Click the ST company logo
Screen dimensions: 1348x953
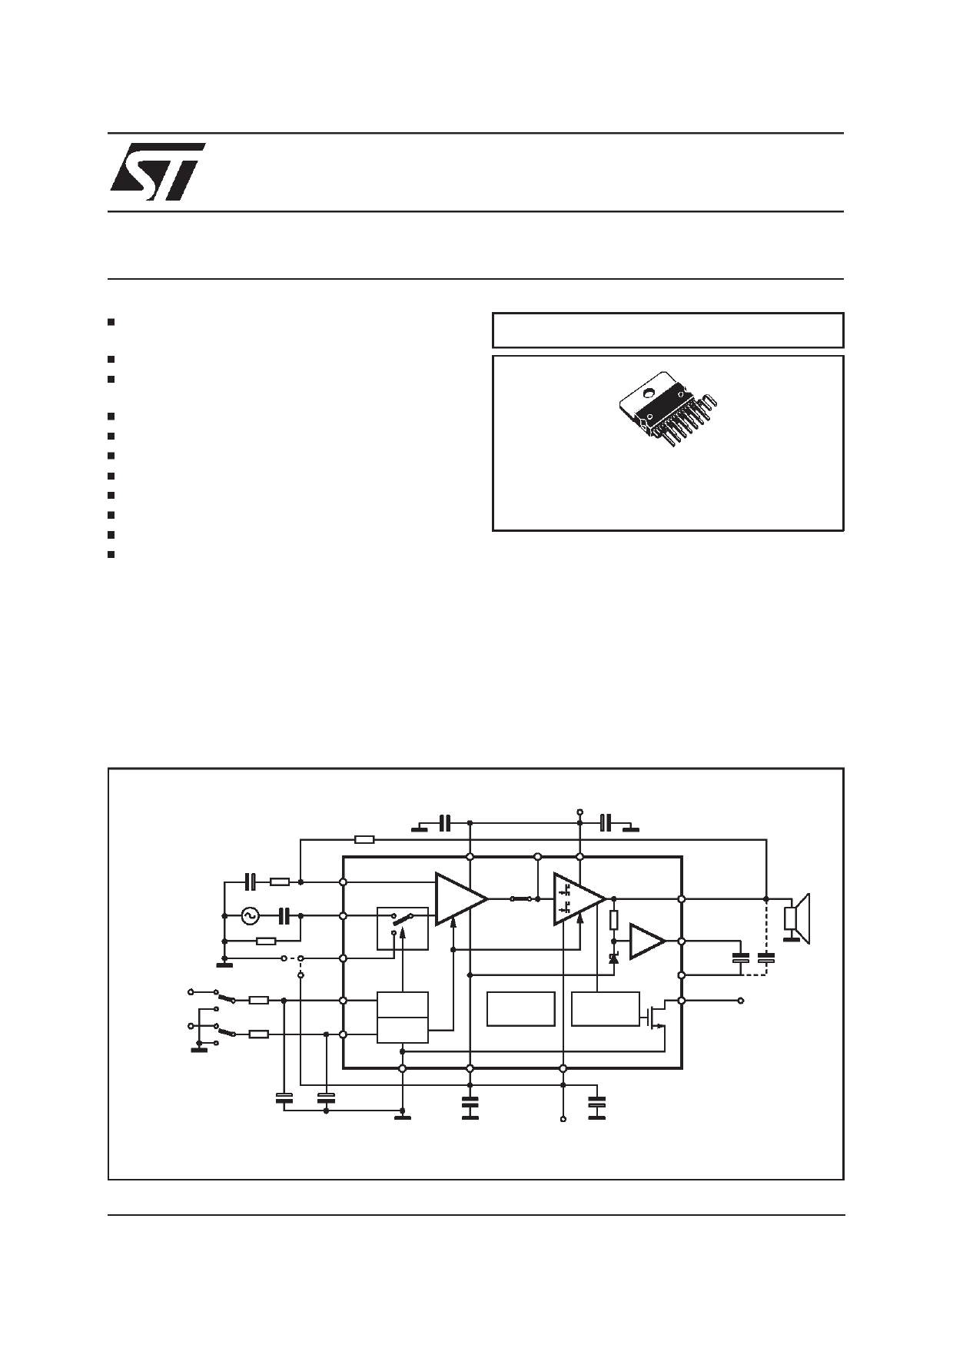158,171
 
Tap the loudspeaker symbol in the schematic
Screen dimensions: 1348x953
796,918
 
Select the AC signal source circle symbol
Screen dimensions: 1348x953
250,915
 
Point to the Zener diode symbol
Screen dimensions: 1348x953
613,958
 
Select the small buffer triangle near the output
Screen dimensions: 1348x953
646,941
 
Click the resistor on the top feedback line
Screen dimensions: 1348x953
365,839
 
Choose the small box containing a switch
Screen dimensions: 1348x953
402,928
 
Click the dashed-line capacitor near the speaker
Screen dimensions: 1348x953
765,958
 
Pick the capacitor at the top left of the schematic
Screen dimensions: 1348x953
443,824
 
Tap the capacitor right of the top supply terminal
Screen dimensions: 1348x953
606,824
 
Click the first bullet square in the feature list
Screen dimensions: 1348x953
111,321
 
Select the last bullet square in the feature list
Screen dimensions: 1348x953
111,554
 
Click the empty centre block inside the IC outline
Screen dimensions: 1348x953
521,1008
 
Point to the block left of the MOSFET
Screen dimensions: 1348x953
606,1008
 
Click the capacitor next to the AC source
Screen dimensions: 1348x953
284,915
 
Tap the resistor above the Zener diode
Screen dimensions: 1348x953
613,920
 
